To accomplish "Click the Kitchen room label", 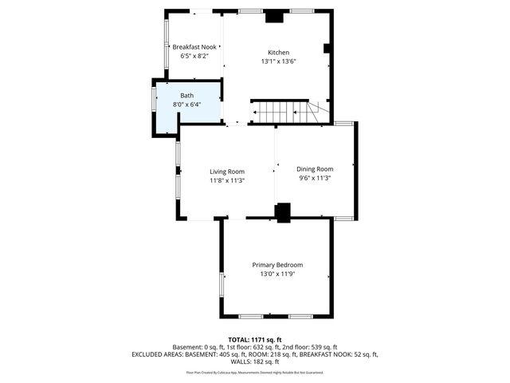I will tap(277, 52).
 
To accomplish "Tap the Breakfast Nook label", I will tap(194, 47).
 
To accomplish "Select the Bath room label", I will tap(186, 95).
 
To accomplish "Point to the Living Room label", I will tap(227, 172).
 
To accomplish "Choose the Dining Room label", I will tap(315, 169).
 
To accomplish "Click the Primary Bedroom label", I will tap(277, 265).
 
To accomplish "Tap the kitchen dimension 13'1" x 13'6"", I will tap(277, 61).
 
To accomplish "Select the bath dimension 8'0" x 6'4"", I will tap(186, 105).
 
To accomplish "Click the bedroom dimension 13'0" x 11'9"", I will tap(277, 274).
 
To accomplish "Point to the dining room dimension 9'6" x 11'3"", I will tap(315, 179).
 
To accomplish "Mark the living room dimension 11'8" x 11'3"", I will tap(227, 181).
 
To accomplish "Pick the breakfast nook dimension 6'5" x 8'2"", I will tap(194, 57).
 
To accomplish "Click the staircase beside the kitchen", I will tap(283, 112).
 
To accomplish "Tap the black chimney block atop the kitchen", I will tap(275, 16).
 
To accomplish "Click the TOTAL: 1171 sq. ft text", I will tap(254, 339).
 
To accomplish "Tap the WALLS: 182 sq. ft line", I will tap(254, 361).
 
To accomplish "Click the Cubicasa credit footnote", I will tap(254, 373).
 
